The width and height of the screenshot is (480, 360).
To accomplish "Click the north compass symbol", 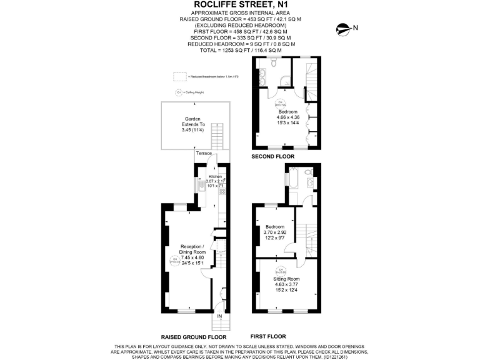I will click(x=342, y=27).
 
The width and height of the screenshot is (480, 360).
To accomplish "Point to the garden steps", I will click(x=217, y=135).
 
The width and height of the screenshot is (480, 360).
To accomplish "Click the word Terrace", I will click(x=204, y=153).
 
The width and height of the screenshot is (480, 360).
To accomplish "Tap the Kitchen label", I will click(x=214, y=177).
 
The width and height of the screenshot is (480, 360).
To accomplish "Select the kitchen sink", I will click(x=199, y=185).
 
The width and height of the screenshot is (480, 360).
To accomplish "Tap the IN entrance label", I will click(x=219, y=317).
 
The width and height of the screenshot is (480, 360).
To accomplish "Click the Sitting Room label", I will click(x=291, y=279).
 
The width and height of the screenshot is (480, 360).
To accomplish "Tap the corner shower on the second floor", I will click(x=285, y=79).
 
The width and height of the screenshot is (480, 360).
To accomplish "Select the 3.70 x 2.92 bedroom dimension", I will click(x=275, y=232).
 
